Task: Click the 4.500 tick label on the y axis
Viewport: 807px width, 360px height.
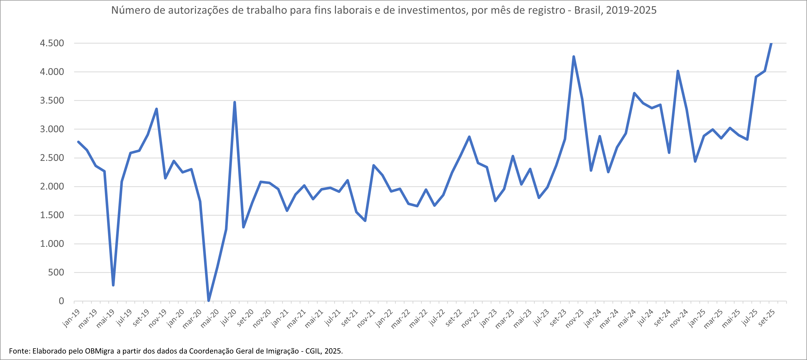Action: coord(52,43)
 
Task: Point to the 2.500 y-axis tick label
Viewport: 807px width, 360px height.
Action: coord(52,158)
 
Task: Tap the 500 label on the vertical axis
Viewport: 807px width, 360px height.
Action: coord(56,273)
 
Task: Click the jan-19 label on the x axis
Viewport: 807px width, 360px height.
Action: coord(71,318)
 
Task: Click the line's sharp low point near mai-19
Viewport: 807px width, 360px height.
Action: coord(113,285)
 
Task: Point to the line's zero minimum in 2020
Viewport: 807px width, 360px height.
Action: coord(209,301)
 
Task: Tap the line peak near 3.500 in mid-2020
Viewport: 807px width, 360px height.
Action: coord(235,102)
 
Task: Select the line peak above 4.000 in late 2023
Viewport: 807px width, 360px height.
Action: coord(573,57)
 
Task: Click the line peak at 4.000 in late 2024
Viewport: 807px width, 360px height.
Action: coord(678,71)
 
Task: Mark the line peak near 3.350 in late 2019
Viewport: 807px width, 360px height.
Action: coord(156,109)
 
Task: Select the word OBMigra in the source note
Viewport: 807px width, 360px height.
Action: coord(99,351)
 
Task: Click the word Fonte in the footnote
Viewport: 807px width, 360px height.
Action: coord(19,351)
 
